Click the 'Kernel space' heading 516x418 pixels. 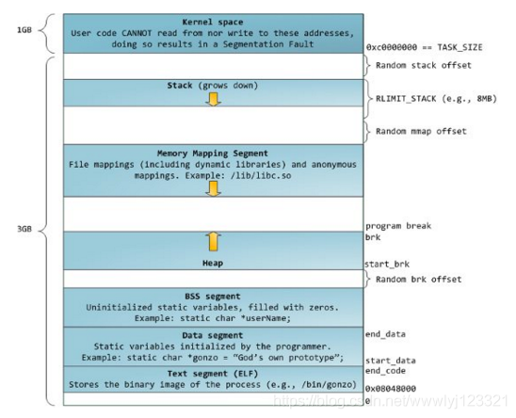213,22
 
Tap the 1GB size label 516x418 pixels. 24,30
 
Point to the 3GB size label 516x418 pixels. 24,229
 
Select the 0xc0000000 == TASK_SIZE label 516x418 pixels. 425,47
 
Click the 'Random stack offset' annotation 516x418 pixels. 424,65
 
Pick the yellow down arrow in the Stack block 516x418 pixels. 213,99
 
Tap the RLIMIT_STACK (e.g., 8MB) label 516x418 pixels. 436,99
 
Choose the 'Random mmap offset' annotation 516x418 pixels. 421,131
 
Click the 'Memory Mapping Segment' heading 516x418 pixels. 213,153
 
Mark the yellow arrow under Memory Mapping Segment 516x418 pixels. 213,189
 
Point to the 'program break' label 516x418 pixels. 398,226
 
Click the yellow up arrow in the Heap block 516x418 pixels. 213,242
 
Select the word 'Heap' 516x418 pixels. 213,263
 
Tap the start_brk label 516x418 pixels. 387,264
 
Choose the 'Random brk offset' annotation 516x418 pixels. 419,280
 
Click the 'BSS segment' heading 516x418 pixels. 213,297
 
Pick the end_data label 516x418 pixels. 385,334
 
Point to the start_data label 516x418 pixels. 390,361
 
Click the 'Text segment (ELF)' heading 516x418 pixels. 213,374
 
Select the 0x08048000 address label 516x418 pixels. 391,389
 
